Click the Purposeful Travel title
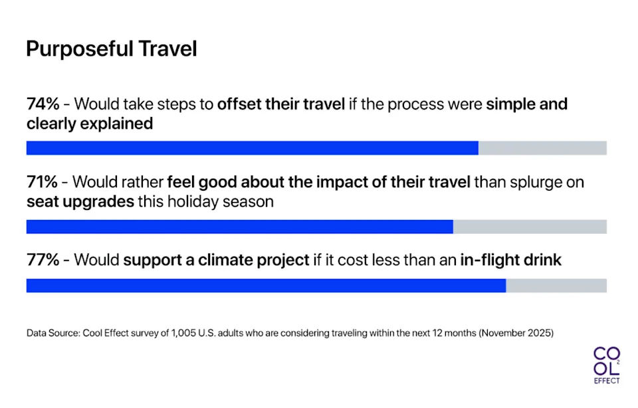111,49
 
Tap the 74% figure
43,105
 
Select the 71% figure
42,182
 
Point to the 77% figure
43,260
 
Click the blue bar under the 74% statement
252,148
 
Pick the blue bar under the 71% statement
239,227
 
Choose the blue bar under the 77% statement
266,286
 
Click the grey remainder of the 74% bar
542,148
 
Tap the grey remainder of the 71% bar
530,227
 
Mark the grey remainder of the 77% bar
556,286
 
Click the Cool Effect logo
606,365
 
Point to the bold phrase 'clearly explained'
90,124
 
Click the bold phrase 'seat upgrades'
80,201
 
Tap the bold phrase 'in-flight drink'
510,260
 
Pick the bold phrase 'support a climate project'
216,260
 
